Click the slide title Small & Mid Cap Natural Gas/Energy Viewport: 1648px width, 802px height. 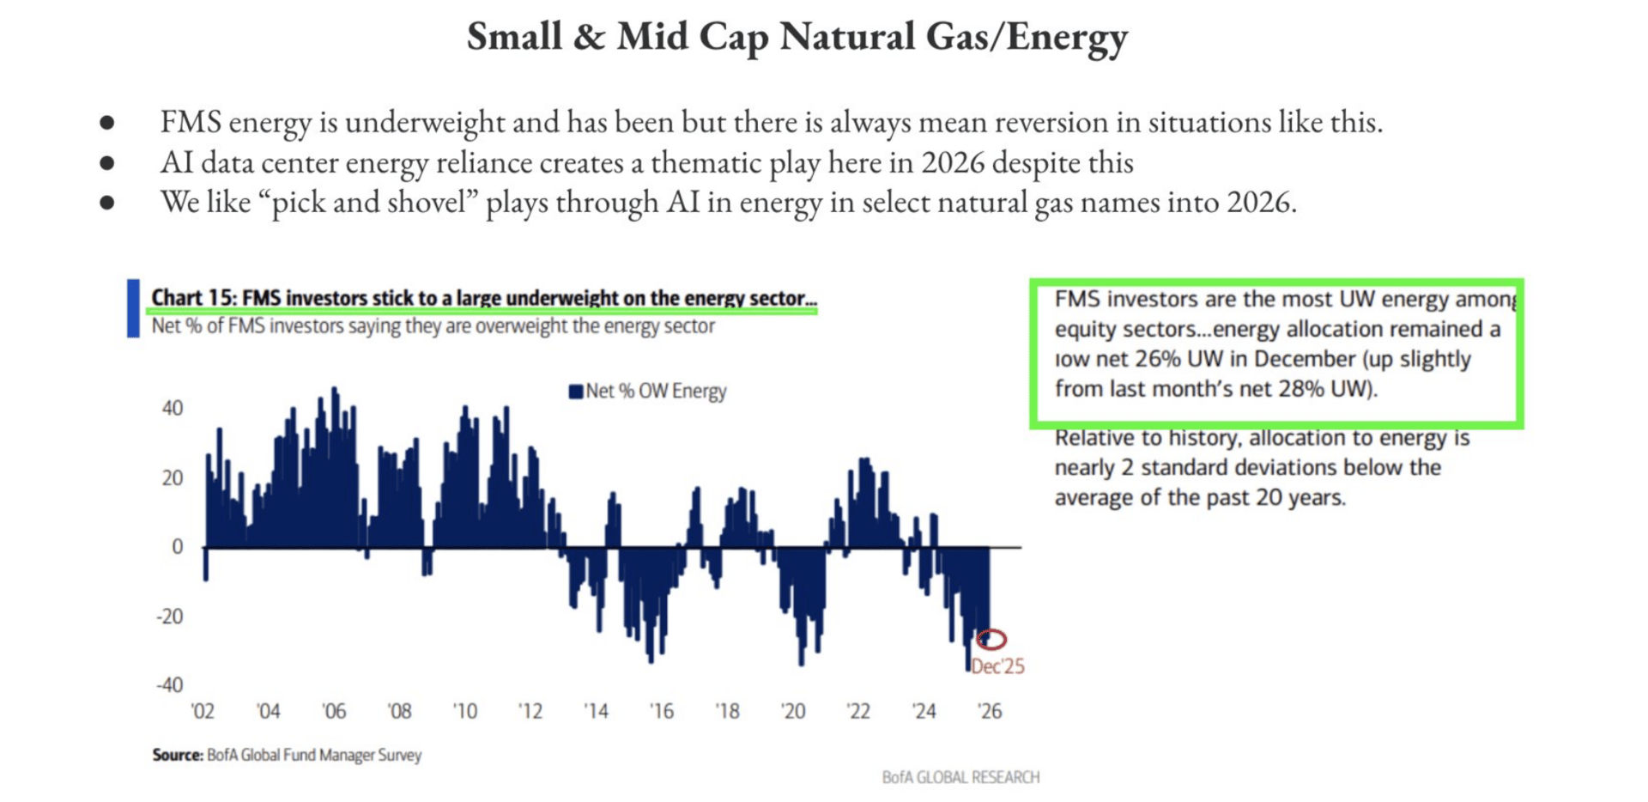click(797, 37)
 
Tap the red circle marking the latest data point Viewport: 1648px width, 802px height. click(991, 639)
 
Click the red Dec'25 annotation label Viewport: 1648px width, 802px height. click(997, 666)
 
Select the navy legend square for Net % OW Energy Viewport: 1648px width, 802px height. click(575, 392)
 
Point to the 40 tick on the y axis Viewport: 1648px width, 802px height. click(173, 408)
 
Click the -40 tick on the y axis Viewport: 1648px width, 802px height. click(169, 685)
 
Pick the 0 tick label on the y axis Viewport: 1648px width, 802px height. click(177, 547)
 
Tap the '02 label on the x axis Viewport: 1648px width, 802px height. click(203, 711)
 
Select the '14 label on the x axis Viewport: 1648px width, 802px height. click(596, 711)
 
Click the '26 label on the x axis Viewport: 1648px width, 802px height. click(990, 711)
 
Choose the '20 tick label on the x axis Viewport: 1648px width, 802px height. click(793, 711)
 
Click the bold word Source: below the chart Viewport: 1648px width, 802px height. click(178, 755)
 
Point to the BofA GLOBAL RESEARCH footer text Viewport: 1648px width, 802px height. click(960, 777)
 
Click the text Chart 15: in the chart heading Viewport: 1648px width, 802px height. click(194, 298)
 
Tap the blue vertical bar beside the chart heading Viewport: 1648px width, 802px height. click(133, 307)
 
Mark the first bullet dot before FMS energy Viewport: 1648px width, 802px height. click(107, 123)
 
